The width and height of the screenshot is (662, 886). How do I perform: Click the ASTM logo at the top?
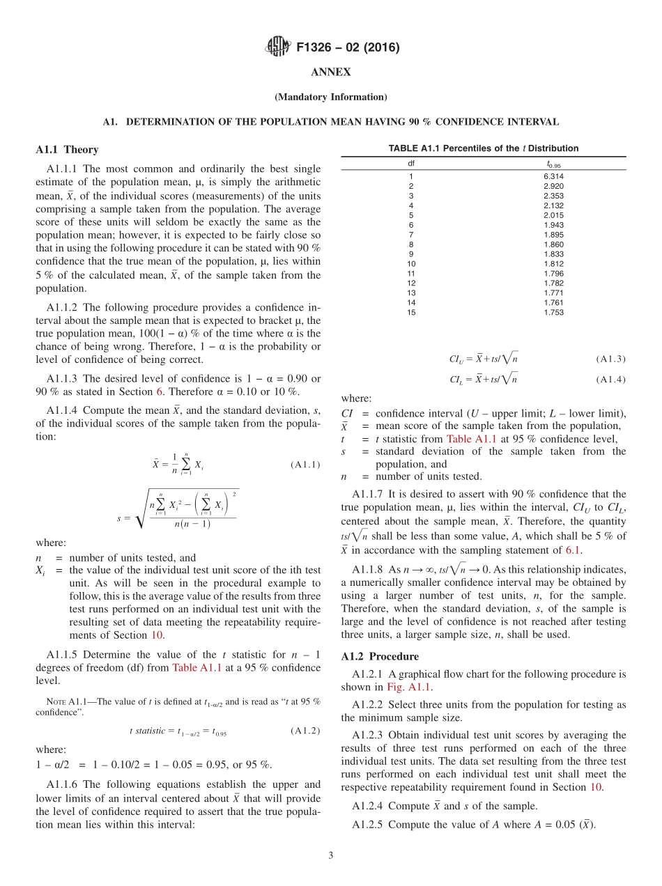(278, 47)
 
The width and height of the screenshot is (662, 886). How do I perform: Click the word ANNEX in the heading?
(330, 72)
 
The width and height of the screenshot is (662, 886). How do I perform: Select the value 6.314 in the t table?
(555, 176)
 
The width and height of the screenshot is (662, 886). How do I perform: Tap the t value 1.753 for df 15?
(555, 313)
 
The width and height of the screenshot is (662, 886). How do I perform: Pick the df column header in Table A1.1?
(411, 164)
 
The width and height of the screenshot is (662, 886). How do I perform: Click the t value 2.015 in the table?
(555, 215)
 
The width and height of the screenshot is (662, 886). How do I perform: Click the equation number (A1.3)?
(610, 359)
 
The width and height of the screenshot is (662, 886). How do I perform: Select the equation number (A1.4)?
(610, 380)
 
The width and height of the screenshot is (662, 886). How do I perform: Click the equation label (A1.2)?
(305, 731)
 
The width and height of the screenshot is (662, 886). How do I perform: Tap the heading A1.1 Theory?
(67, 150)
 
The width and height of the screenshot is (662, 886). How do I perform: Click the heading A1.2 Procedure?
(380, 657)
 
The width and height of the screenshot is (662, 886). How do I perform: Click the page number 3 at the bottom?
(330, 855)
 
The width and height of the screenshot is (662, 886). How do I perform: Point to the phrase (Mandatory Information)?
(330, 97)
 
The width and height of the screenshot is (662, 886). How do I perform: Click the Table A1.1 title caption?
(483, 148)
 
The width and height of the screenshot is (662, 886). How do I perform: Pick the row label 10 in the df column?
(411, 264)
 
